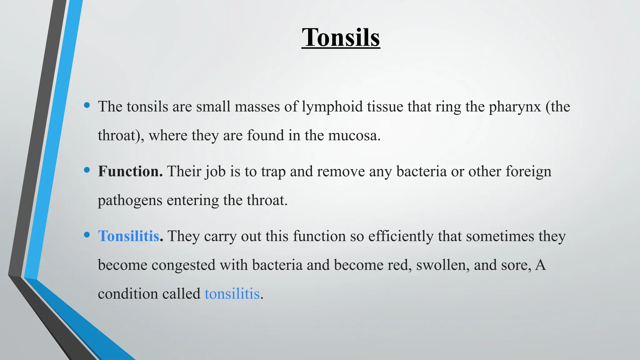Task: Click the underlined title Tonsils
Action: tap(341, 37)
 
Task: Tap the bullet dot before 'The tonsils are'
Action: tap(87, 105)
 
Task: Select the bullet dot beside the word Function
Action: tap(87, 170)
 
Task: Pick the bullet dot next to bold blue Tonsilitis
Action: tap(87, 235)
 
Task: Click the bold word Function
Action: tap(130, 171)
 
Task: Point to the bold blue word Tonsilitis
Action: tap(129, 236)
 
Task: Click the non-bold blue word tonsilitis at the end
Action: tap(232, 294)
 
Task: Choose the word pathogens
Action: tap(130, 201)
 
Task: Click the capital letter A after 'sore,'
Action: tap(540, 265)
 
